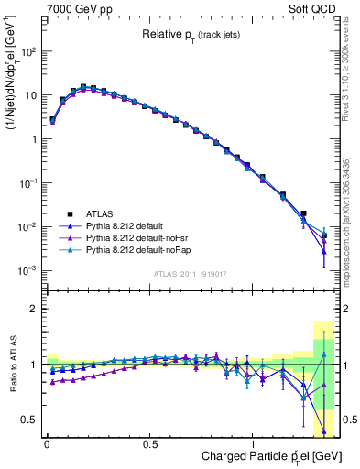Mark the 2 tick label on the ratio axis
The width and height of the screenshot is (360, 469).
34,309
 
